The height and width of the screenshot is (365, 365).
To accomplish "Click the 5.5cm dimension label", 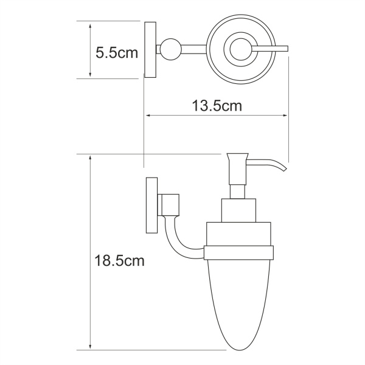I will [x=117, y=54].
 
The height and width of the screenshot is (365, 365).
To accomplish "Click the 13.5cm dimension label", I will [x=217, y=106].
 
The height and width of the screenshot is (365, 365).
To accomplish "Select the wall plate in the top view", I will [x=150, y=49].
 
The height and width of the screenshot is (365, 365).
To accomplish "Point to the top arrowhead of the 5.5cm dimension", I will [x=89, y=26].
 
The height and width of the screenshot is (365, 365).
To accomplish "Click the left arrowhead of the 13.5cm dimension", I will [x=147, y=116].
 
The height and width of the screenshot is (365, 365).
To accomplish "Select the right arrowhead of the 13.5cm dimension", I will [x=284, y=116].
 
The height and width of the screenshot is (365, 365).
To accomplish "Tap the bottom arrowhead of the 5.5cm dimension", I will [x=89, y=74].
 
